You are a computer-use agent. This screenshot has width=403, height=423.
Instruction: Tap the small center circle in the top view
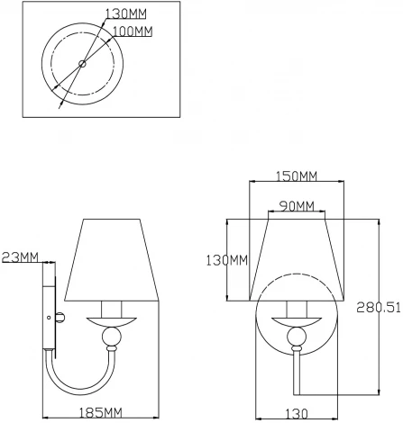(x=82, y=63)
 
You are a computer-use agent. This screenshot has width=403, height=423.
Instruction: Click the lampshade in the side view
(x=112, y=256)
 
